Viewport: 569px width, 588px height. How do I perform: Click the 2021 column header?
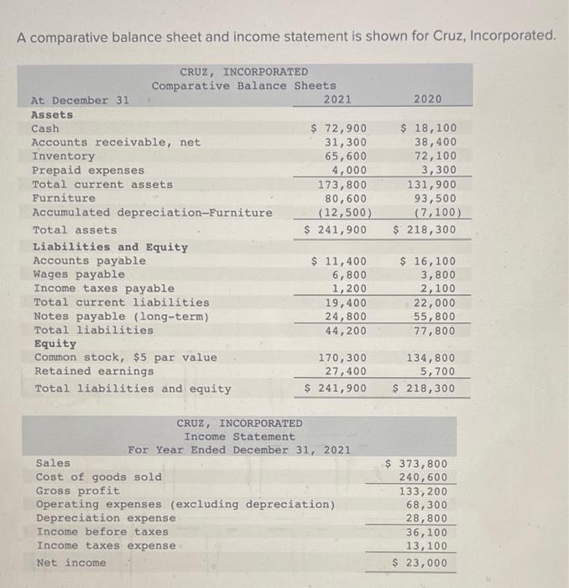[337, 100]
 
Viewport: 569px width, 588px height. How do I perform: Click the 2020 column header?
[427, 100]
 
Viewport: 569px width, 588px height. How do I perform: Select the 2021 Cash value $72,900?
[339, 129]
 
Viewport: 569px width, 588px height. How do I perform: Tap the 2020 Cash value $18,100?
[428, 129]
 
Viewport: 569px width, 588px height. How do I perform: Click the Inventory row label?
[63, 156]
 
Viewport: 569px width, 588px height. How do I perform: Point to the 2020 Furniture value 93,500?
[436, 197]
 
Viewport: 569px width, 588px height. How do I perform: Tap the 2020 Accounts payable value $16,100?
[428, 260]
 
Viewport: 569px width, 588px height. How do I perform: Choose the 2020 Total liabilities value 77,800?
[436, 330]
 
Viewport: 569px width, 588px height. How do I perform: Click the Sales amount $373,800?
[416, 463]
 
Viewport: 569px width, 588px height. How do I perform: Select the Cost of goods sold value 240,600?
[423, 476]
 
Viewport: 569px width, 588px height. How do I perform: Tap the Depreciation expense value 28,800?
[426, 517]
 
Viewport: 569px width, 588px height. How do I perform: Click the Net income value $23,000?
[420, 562]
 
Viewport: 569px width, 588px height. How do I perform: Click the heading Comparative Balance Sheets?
[243, 86]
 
